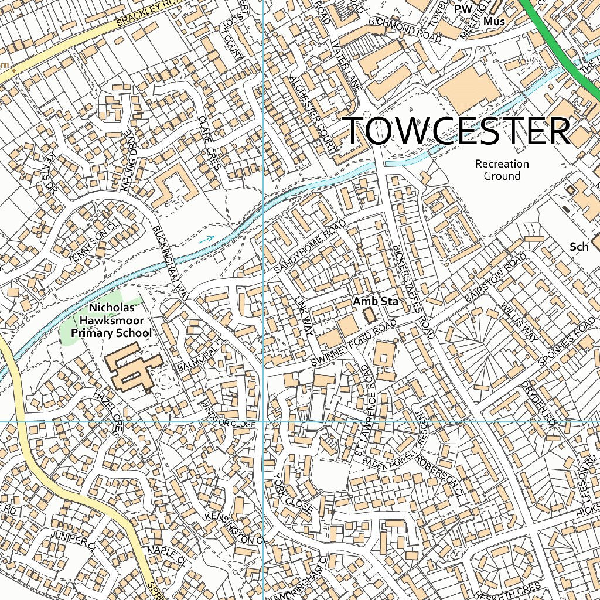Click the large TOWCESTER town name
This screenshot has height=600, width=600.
(455, 131)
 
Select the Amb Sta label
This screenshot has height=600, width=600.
(376, 302)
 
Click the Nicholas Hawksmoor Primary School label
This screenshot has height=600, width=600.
(111, 320)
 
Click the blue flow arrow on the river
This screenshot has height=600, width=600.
(206, 238)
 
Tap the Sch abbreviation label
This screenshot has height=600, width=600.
(579, 247)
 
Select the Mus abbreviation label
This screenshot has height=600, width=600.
(494, 22)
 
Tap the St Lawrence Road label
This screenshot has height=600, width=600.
(364, 410)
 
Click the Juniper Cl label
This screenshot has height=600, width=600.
(73, 543)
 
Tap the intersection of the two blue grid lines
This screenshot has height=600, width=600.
(264, 421)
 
